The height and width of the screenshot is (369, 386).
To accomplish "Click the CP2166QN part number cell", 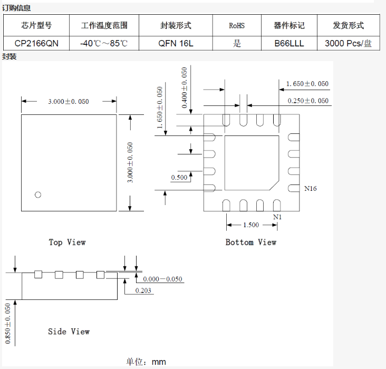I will (36, 43).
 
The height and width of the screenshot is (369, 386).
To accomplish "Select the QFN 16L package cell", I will (176, 43).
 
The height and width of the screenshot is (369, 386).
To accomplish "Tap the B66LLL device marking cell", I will (289, 43).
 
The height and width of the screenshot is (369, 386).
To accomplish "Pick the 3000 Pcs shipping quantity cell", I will (348, 43).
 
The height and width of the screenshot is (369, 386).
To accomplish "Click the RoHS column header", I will (237, 25).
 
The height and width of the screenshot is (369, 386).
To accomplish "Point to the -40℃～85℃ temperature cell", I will (104, 43).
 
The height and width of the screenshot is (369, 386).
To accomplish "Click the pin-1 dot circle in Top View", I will (37, 195).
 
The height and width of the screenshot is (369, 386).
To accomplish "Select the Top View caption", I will (67, 242).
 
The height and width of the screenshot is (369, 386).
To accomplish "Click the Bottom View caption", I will (251, 242).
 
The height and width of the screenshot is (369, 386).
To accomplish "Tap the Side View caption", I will (69, 332).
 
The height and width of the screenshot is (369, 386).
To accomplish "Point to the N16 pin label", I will (311, 188).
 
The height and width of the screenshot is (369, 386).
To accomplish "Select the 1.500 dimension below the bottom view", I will (251, 225).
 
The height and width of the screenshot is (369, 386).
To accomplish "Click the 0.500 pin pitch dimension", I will (179, 178).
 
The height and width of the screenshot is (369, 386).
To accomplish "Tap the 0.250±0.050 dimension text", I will (308, 101).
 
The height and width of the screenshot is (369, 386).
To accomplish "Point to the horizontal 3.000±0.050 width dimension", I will (69, 101).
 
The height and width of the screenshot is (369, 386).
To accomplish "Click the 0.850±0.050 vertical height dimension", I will (8, 323).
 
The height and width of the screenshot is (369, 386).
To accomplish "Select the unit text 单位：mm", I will (146, 362).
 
